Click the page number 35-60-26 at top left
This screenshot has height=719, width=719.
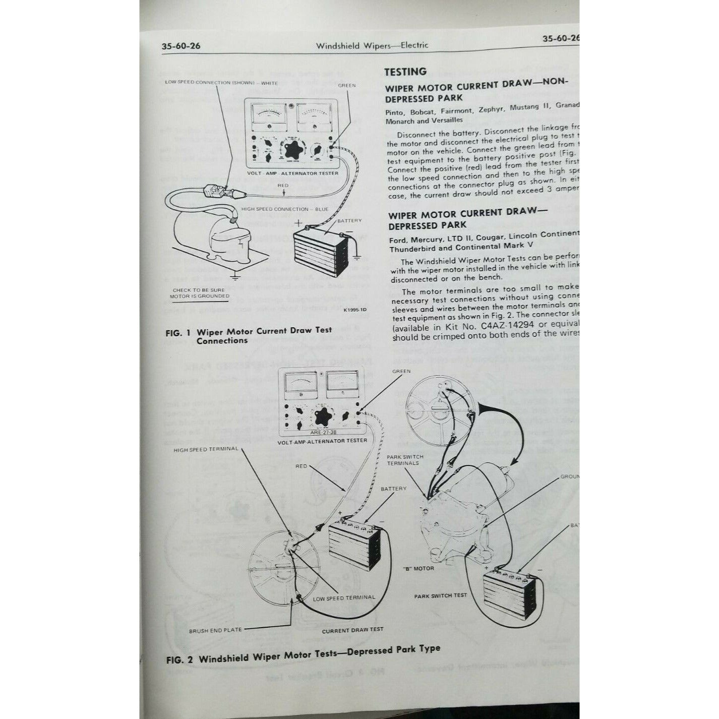pyautogui.click(x=181, y=46)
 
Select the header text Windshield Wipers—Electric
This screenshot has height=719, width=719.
pyautogui.click(x=372, y=45)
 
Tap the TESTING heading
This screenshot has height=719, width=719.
pyautogui.click(x=405, y=72)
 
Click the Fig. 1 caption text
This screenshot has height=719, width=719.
pyautogui.click(x=249, y=335)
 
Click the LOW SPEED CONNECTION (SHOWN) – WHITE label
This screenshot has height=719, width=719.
pyautogui.click(x=221, y=83)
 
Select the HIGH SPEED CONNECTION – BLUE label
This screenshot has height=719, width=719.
pyautogui.click(x=285, y=209)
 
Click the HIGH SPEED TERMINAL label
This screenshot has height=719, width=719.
pyautogui.click(x=205, y=449)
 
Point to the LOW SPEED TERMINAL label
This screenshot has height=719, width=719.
pyautogui.click(x=344, y=598)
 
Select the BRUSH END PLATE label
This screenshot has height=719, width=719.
pyautogui.click(x=215, y=630)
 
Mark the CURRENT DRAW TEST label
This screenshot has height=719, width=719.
pyautogui.click(x=352, y=630)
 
